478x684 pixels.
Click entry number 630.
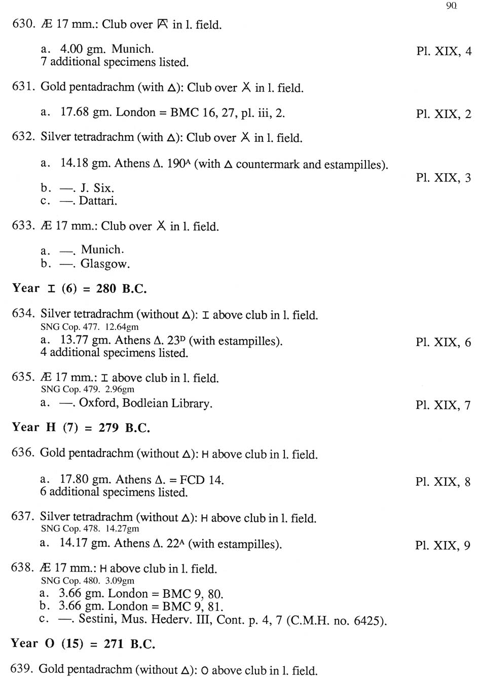coord(23,24)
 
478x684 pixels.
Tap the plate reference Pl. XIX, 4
coord(444,51)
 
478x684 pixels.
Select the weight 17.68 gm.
coord(81,112)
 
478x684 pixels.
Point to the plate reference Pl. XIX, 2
coord(444,114)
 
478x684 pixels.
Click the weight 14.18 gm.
coord(81,163)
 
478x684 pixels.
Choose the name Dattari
coord(98,201)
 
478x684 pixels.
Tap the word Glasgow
coord(105,263)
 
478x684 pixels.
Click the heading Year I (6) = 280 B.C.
coord(80,289)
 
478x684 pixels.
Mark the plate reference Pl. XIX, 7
coord(443,405)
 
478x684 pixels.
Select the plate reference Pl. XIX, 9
coord(443,546)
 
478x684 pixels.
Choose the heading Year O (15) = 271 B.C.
coord(83,643)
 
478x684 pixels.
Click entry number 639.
coord(21,669)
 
